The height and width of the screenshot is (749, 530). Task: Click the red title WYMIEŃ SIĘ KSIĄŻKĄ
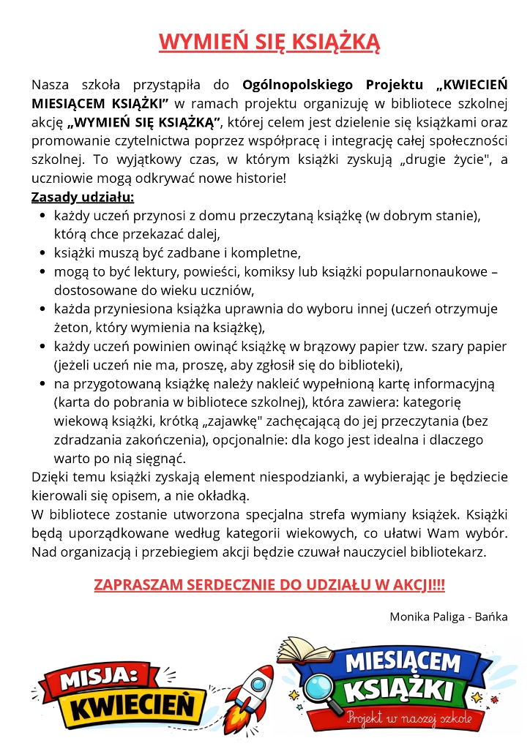[269, 42]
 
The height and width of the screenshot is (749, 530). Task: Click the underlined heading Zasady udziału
[83, 197]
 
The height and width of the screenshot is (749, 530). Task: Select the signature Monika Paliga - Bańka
[449, 617]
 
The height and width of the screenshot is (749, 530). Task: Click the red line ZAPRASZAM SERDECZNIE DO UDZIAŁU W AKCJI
[269, 585]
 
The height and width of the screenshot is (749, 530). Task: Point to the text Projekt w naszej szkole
[410, 718]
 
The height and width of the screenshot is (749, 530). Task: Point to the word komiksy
[279, 272]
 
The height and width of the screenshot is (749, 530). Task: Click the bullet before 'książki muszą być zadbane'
[42, 253]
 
